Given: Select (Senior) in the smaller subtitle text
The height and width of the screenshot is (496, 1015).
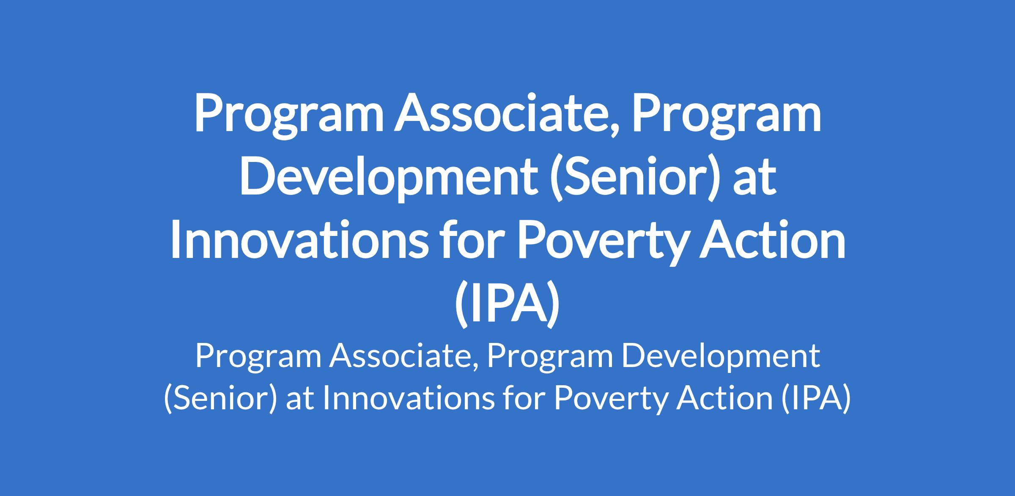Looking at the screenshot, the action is (x=220, y=398).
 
